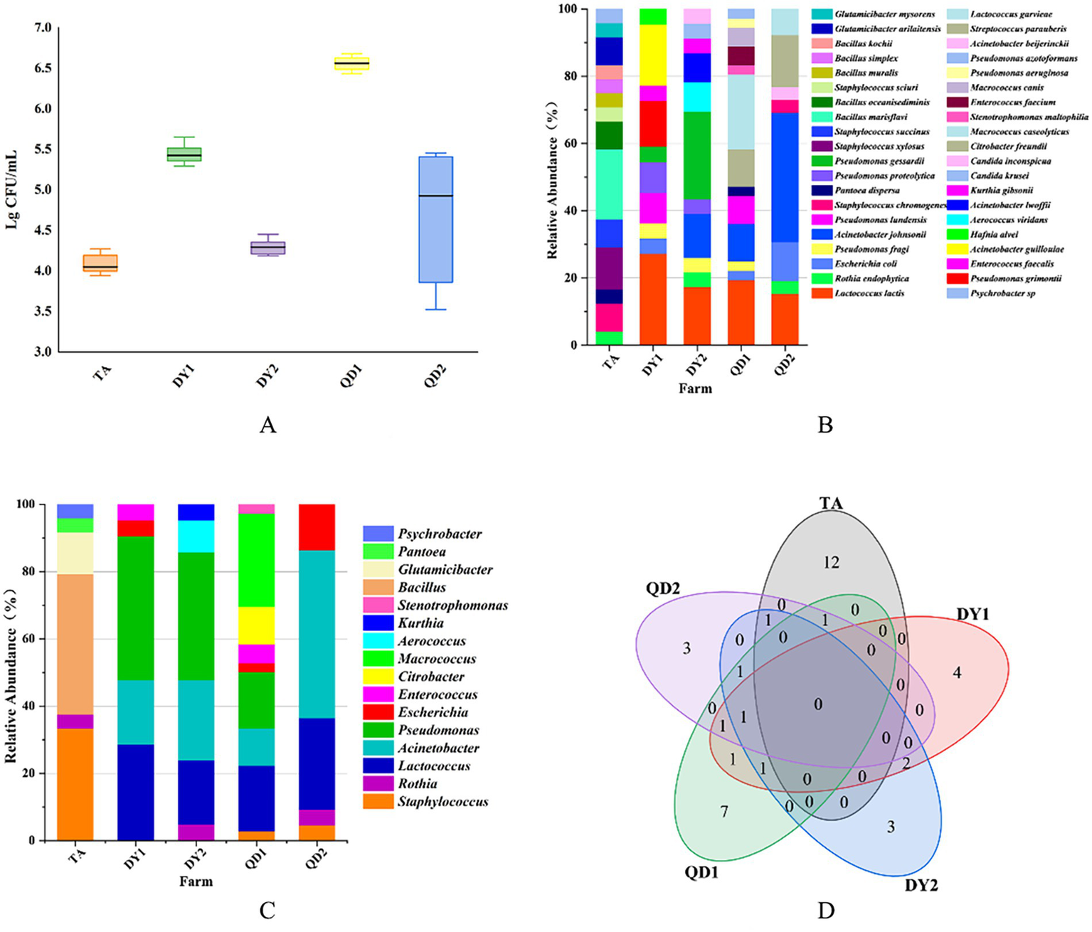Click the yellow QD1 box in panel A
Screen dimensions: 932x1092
(x=351, y=64)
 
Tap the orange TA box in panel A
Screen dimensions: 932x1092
(x=100, y=263)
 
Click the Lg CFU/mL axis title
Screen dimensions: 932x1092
(x=12, y=189)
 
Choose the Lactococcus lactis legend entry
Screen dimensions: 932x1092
(x=869, y=293)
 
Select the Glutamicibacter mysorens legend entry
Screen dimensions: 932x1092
(x=884, y=14)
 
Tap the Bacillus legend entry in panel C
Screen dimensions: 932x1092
(x=422, y=588)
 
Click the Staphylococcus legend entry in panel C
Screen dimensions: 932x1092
(x=442, y=802)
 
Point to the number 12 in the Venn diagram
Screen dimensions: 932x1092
(x=831, y=563)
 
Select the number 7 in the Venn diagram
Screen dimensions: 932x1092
(x=724, y=811)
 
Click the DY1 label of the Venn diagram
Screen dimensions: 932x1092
(x=972, y=614)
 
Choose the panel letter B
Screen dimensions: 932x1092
(x=825, y=425)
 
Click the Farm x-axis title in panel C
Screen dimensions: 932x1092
(x=196, y=881)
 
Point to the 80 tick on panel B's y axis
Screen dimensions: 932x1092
(x=570, y=76)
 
